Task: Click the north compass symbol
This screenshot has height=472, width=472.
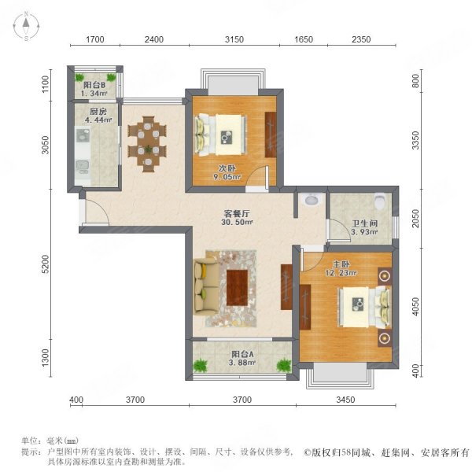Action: coord(25,27)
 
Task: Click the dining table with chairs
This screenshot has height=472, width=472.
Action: coord(147,144)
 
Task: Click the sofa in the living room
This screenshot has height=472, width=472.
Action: coord(206,287)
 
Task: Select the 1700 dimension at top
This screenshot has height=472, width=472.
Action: coord(95,39)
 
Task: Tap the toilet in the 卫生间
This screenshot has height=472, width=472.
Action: coord(382,201)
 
